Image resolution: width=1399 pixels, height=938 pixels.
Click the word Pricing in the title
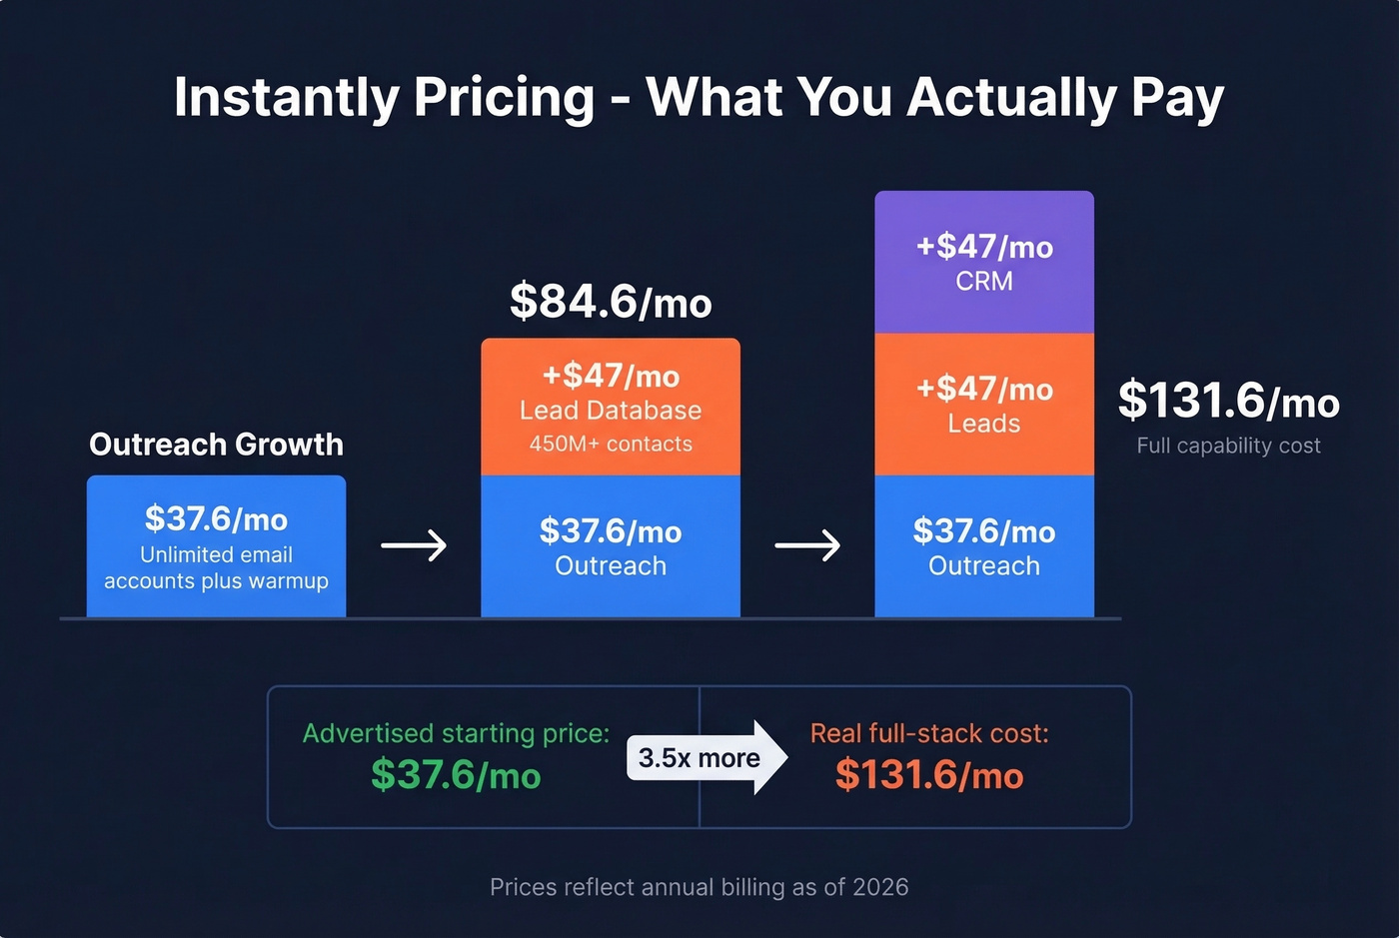click(x=504, y=99)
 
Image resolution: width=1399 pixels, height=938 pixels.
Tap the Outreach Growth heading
click(x=216, y=445)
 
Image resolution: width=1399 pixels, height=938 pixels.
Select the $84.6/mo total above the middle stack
click(x=611, y=302)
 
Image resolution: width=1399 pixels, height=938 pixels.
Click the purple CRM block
click(x=984, y=262)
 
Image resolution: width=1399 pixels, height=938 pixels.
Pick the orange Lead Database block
click(x=611, y=406)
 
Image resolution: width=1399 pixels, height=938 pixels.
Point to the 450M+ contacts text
click(x=611, y=445)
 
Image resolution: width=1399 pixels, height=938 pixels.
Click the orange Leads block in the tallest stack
click(x=984, y=405)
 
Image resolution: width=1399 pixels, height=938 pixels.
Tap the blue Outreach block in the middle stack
click(x=611, y=545)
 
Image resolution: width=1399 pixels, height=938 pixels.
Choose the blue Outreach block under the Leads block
click(x=984, y=545)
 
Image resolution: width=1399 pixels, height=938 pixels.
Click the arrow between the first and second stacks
click(x=414, y=545)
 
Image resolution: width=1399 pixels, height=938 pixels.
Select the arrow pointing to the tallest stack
click(x=807, y=545)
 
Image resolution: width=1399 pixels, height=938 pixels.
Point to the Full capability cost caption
click(x=1228, y=446)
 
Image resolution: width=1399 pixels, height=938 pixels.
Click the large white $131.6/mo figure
click(x=1228, y=401)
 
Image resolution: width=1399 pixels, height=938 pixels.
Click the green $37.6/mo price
click(x=456, y=775)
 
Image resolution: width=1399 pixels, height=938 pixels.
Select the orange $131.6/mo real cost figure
click(x=929, y=775)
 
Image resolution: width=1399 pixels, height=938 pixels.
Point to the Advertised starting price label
click(x=456, y=733)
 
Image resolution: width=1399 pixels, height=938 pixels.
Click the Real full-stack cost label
click(x=929, y=733)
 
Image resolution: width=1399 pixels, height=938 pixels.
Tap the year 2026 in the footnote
click(x=880, y=887)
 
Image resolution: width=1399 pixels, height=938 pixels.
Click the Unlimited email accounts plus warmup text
click(x=216, y=567)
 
